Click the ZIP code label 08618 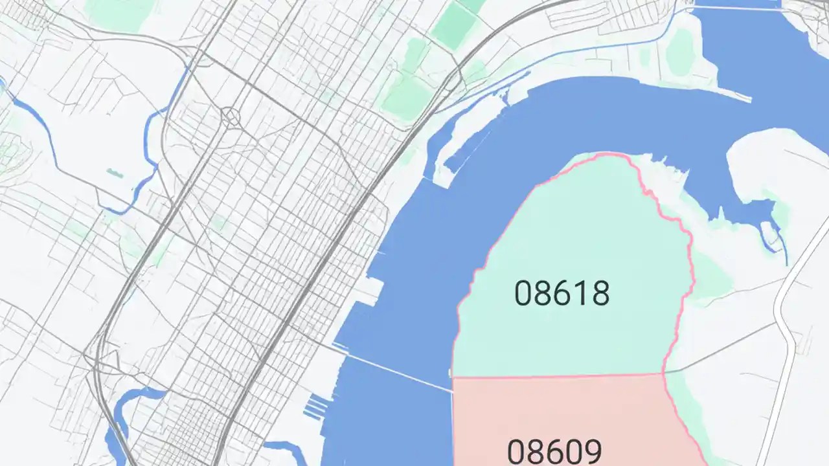click(562, 293)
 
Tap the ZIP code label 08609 click(554, 450)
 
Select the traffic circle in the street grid click(231, 116)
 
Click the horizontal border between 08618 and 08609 click(557, 375)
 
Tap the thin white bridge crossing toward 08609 click(395, 370)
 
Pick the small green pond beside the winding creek click(115, 173)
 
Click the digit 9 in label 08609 click(591, 450)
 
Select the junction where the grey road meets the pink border click(663, 373)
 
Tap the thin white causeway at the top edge click(732, 8)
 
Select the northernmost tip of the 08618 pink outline click(606, 153)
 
